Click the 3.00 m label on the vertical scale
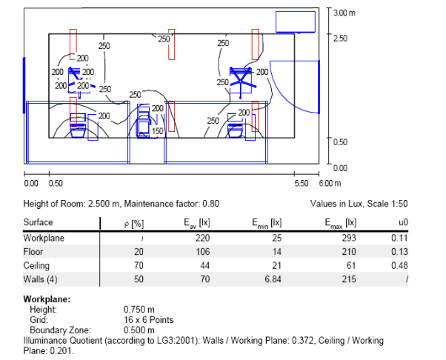pos(345,13)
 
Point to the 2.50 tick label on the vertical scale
pos(340,38)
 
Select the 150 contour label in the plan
pos(157,131)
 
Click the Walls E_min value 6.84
pos(272,279)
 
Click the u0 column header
pos(405,222)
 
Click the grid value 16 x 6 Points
pos(149,319)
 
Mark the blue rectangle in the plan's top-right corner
pos(296,21)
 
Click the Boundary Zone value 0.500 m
pos(139,327)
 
